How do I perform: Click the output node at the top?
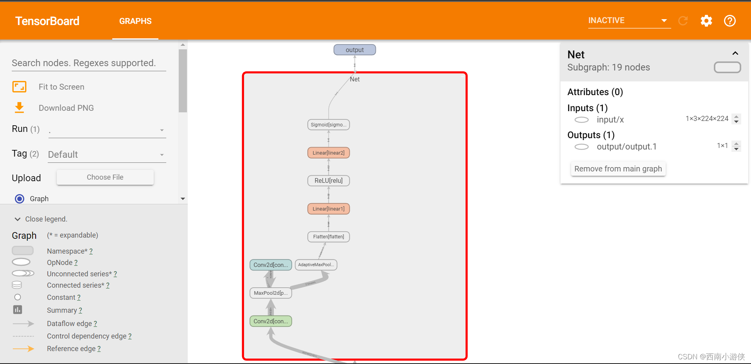(x=354, y=50)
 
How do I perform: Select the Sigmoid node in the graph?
(x=329, y=125)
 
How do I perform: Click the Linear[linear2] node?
(x=329, y=153)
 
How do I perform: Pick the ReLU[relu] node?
(x=329, y=180)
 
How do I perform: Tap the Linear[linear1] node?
(x=329, y=209)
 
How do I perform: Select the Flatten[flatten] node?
(x=329, y=237)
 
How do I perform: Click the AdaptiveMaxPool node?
(x=316, y=265)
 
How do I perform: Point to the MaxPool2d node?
(x=271, y=293)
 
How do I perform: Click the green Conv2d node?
(x=271, y=321)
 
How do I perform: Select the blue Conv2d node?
(x=271, y=265)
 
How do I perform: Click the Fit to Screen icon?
(x=19, y=86)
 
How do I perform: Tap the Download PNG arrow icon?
(x=19, y=108)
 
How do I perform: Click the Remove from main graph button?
(x=618, y=169)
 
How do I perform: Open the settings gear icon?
(x=706, y=21)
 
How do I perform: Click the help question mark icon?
(x=729, y=21)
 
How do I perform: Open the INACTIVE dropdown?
(x=629, y=21)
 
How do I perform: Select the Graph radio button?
(x=20, y=199)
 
